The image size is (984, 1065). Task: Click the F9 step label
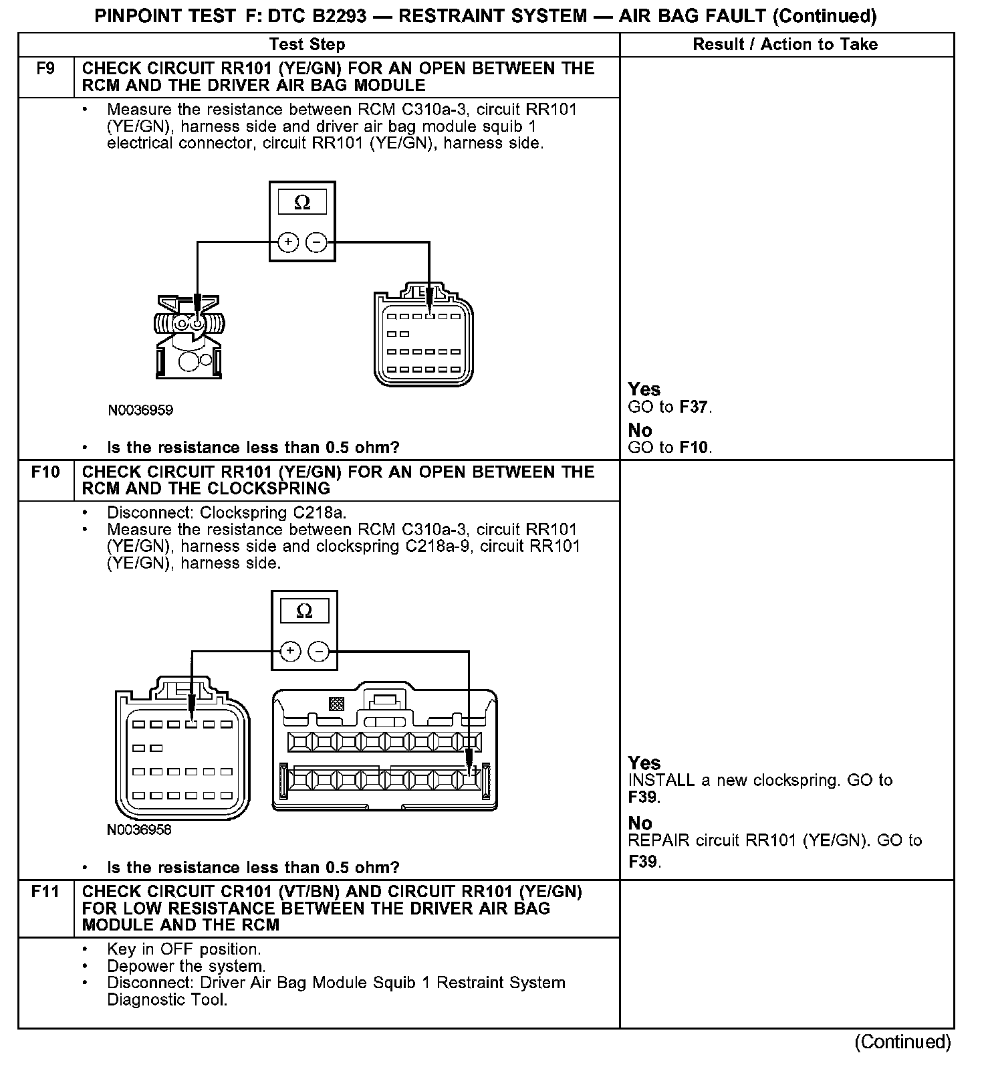pyautogui.click(x=45, y=69)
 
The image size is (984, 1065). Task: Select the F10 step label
pyautogui.click(x=45, y=472)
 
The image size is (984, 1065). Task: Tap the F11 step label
pyautogui.click(x=45, y=892)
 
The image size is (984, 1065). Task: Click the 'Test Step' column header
pyautogui.click(x=307, y=45)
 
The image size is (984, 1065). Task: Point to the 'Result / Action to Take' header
pyautogui.click(x=785, y=45)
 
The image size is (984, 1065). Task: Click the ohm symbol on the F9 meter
pyautogui.click(x=302, y=202)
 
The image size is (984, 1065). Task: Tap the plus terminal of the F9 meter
pyautogui.click(x=287, y=242)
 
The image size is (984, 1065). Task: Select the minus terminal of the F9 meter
pyautogui.click(x=316, y=242)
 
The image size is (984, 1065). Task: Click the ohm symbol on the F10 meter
pyautogui.click(x=304, y=611)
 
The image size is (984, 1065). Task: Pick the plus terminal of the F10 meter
pyautogui.click(x=289, y=651)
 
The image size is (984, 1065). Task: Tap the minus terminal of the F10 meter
pyautogui.click(x=319, y=651)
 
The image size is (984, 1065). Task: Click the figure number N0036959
pyautogui.click(x=140, y=410)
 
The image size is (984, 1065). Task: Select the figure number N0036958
pyautogui.click(x=139, y=830)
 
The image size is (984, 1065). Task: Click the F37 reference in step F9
pyautogui.click(x=695, y=407)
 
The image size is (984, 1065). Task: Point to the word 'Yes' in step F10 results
pyautogui.click(x=644, y=763)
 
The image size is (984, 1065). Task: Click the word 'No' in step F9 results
pyautogui.click(x=640, y=430)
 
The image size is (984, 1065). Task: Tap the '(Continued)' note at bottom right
pyautogui.click(x=902, y=1042)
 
